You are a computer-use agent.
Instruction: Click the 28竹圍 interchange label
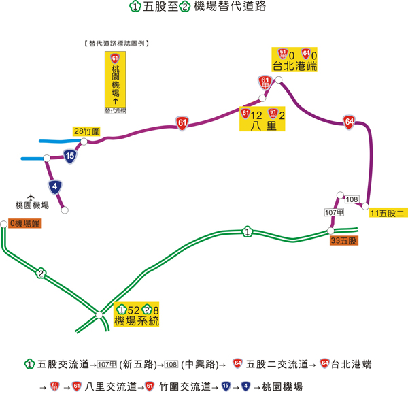[88, 130]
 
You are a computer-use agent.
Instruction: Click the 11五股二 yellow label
[387, 214]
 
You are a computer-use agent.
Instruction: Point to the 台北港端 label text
[295, 66]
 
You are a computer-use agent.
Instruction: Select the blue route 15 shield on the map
[70, 156]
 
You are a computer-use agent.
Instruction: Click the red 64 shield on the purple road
[349, 121]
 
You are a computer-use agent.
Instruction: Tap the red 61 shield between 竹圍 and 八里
[182, 122]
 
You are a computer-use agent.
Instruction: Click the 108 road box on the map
[352, 199]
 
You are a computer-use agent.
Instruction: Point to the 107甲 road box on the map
[331, 213]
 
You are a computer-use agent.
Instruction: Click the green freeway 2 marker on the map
[41, 274]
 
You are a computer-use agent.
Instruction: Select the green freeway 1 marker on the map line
[247, 233]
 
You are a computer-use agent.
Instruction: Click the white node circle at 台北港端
[279, 80]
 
